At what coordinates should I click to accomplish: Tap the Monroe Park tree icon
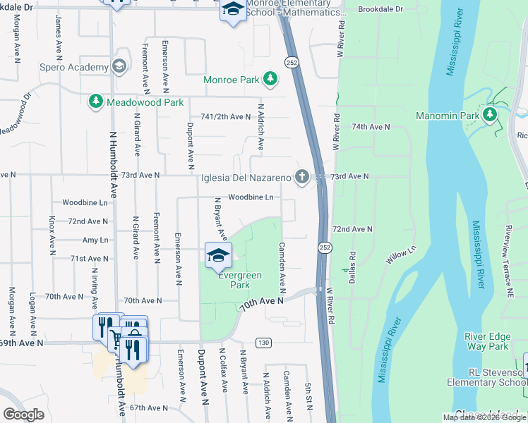click(x=269, y=80)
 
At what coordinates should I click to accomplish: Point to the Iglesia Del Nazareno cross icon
click(x=302, y=178)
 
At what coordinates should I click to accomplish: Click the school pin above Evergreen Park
click(x=218, y=255)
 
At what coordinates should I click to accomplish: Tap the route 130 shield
click(x=263, y=343)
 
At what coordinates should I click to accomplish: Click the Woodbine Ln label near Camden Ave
click(x=250, y=197)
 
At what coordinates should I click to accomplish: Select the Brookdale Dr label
click(x=380, y=9)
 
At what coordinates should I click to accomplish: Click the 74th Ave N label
click(x=371, y=126)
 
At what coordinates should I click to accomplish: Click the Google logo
click(x=23, y=415)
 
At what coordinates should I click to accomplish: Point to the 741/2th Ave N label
click(x=226, y=116)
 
